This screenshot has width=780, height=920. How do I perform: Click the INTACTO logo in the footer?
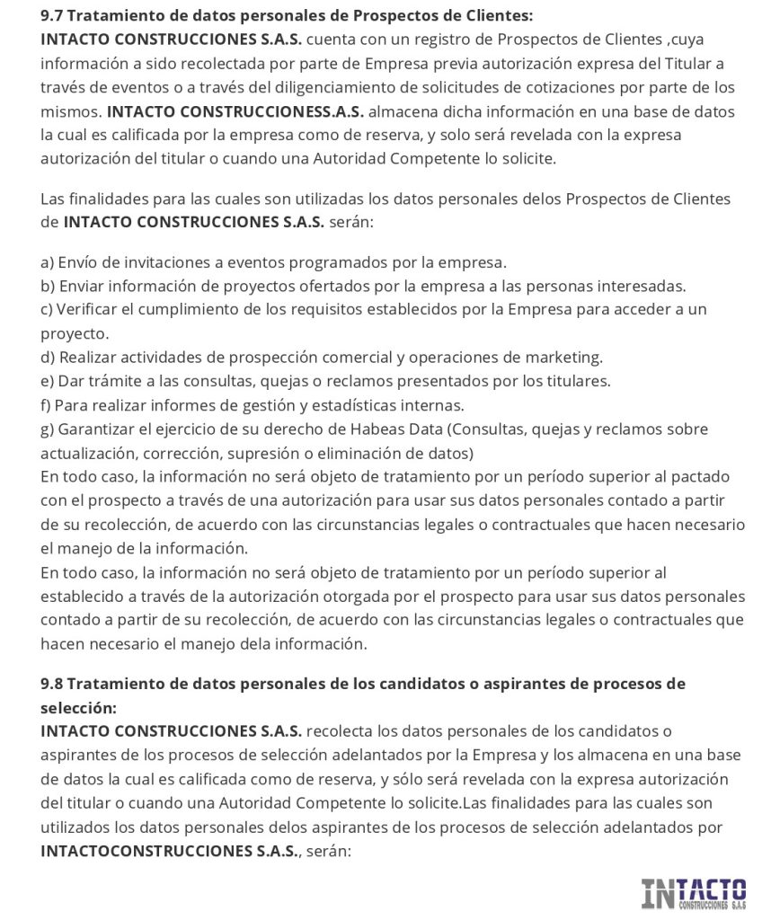(x=693, y=893)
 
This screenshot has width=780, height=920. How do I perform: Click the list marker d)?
(x=49, y=357)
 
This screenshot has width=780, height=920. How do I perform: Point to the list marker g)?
(x=49, y=429)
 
